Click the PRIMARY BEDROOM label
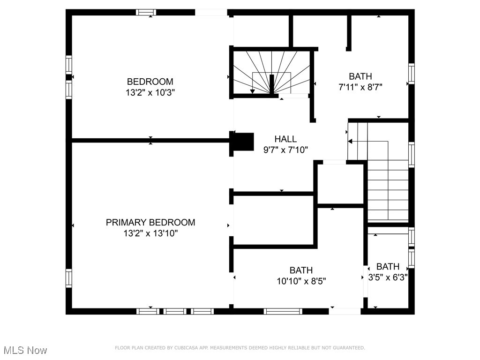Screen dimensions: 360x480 click(x=150, y=222)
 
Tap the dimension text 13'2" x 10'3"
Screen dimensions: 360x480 click(x=150, y=93)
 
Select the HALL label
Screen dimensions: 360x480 click(x=285, y=139)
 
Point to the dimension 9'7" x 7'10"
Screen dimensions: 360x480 click(x=285, y=150)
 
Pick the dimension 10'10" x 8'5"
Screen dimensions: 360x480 click(x=301, y=281)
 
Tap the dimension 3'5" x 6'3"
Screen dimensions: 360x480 click(x=388, y=277)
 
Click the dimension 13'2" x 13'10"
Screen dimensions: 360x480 click(x=150, y=233)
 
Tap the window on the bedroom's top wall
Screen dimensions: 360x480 click(x=146, y=12)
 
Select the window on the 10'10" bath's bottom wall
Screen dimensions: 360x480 click(x=283, y=311)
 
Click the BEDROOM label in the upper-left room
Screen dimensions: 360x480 click(x=150, y=82)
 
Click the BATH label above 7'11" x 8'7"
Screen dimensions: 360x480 click(x=360, y=76)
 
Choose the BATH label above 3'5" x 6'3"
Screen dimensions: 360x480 click(x=388, y=266)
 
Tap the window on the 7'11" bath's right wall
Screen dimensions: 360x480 click(x=411, y=74)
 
